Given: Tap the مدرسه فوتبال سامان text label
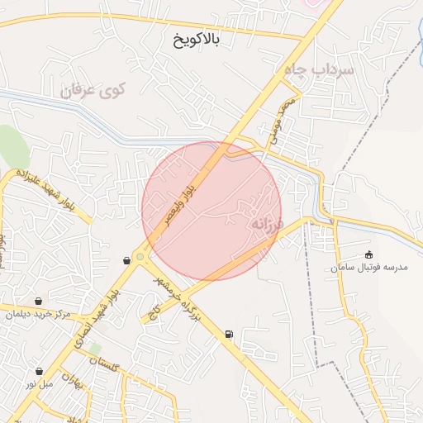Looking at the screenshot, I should pos(370,268).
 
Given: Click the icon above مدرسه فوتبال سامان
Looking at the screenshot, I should pos(368,254).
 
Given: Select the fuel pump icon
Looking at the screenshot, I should pos(227,335).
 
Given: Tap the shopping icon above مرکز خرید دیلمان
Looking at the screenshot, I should pos(38,301).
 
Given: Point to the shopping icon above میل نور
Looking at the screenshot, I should pos(38,371).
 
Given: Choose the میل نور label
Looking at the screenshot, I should pos(38,384).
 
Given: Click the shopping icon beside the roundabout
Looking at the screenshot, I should pos(126,260).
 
